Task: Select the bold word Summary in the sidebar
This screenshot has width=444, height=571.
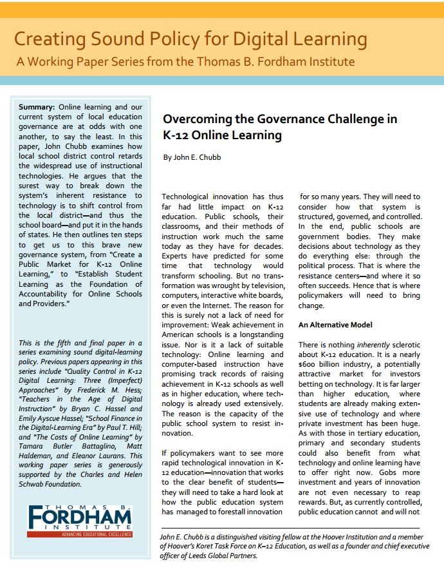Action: pos(37,106)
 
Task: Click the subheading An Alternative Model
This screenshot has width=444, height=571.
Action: pos(335,325)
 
